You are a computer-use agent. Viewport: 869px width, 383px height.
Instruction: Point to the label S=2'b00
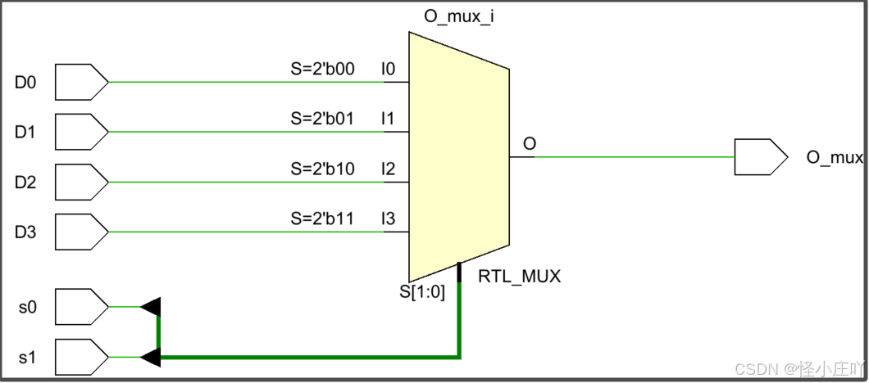click(322, 69)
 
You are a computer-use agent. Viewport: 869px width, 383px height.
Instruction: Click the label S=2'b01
click(322, 119)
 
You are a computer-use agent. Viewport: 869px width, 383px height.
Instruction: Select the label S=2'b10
click(322, 169)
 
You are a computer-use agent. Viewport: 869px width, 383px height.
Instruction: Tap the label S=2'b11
click(322, 219)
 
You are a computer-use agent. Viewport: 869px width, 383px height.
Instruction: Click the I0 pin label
click(389, 69)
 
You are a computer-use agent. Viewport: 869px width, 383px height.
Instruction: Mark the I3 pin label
click(389, 219)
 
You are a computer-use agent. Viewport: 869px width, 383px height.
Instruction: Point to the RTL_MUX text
click(519, 277)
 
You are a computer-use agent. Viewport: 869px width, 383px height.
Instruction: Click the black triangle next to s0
click(151, 307)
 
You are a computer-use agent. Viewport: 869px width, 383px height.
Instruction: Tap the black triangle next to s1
click(151, 358)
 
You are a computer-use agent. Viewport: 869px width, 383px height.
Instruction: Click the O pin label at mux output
click(530, 144)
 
